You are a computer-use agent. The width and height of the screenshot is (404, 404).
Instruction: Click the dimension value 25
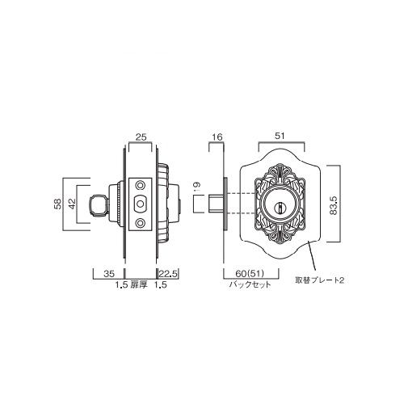click(x=141, y=137)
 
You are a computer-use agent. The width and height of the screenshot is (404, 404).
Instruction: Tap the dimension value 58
click(x=58, y=204)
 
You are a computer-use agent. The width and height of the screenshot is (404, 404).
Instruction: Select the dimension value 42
click(x=72, y=204)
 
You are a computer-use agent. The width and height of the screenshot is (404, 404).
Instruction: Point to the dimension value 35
click(x=109, y=274)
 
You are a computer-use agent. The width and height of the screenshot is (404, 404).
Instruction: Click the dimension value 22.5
click(x=168, y=274)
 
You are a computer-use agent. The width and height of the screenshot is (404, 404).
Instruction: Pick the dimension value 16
click(x=217, y=137)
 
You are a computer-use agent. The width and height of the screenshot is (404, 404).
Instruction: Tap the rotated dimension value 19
click(x=196, y=187)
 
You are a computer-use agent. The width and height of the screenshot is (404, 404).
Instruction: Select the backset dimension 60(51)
click(x=250, y=274)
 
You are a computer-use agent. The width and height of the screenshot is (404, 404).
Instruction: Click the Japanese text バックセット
click(x=250, y=284)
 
